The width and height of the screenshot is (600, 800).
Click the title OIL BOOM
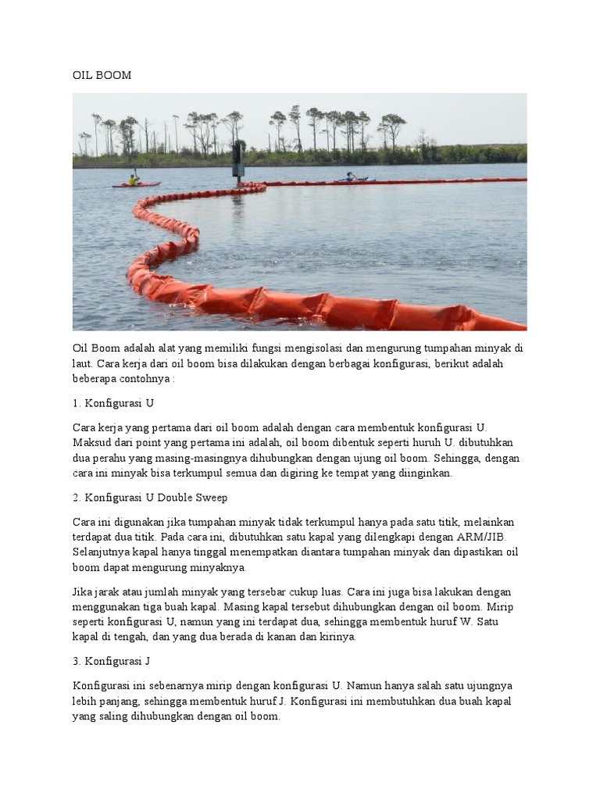click(102, 76)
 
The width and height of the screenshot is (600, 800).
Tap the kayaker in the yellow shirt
click(133, 180)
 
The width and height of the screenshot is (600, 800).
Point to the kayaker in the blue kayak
click(349, 177)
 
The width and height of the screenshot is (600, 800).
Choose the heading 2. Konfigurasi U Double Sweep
click(150, 498)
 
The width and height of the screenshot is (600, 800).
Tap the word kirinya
click(336, 637)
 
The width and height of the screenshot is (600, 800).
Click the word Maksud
click(91, 442)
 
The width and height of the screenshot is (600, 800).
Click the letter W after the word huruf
click(457, 622)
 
